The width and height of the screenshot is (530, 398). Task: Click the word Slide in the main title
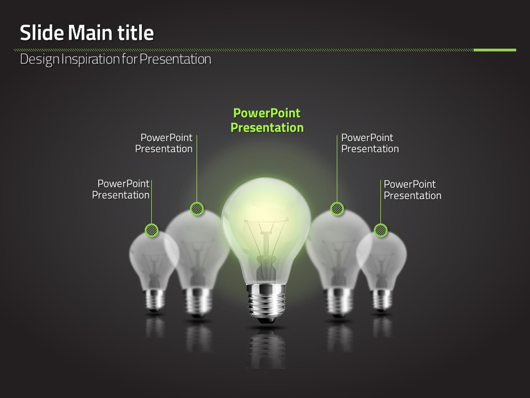(42, 33)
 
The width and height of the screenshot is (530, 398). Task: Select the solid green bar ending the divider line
(495, 50)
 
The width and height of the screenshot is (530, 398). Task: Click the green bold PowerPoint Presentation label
(267, 121)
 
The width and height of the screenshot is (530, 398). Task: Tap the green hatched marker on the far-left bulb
(151, 230)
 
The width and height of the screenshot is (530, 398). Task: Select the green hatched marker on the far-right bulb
(380, 230)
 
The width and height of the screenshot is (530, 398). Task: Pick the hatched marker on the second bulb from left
(197, 208)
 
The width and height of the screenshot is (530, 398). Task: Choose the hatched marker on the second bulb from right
(337, 208)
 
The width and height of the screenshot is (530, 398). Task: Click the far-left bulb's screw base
(155, 300)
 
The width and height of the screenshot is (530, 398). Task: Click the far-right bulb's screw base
(382, 300)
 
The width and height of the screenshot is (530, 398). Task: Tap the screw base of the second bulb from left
(198, 302)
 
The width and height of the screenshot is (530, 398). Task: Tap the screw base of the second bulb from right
(338, 302)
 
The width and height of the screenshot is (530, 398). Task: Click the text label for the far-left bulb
(121, 189)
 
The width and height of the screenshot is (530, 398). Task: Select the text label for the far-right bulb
(412, 190)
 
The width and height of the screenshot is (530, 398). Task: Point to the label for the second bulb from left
(164, 143)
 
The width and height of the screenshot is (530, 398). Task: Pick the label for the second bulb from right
(370, 143)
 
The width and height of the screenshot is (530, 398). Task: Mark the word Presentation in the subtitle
(176, 59)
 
